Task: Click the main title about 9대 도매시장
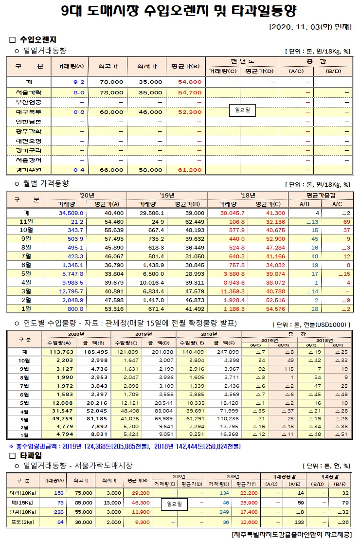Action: pyautogui.click(x=180, y=11)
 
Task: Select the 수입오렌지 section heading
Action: pyautogui.click(x=37, y=39)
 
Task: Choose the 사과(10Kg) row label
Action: pyautogui.click(x=21, y=493)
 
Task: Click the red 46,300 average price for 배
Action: pyautogui.click(x=140, y=502)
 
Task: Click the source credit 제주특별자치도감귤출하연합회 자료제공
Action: pyautogui.click(x=291, y=534)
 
